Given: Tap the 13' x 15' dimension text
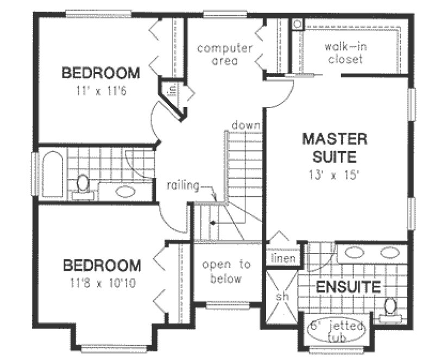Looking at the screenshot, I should (334, 175).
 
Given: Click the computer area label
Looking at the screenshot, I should (224, 54).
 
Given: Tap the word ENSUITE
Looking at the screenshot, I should (349, 287).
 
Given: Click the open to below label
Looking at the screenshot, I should (226, 271).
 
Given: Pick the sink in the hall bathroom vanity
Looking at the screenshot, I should (125, 191).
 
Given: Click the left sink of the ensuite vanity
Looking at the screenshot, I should (355, 252).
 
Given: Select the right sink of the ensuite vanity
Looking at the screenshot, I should (389, 252).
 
